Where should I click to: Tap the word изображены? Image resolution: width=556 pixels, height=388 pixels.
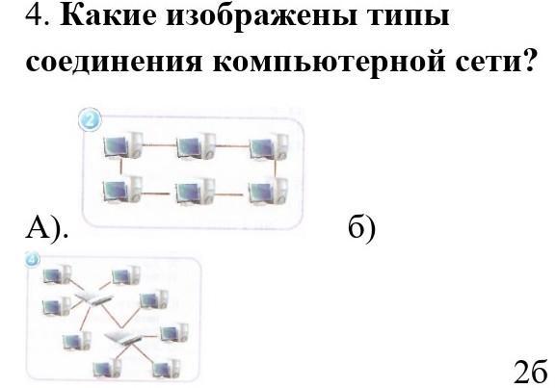click(x=262, y=16)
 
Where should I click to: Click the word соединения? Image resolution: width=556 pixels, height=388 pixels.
click(x=114, y=62)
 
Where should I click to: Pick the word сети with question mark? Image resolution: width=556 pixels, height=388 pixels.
click(x=495, y=61)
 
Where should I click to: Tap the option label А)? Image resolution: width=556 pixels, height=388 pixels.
click(x=46, y=227)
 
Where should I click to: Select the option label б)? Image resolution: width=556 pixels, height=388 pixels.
click(x=361, y=227)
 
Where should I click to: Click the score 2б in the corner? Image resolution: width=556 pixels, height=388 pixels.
click(x=530, y=372)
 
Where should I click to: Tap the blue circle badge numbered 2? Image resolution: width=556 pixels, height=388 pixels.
click(x=90, y=119)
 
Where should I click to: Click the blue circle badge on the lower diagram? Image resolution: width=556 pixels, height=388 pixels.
click(x=32, y=259)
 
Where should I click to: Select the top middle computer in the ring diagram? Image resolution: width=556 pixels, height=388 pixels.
click(x=196, y=146)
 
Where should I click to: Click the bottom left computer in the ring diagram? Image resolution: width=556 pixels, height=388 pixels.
click(x=122, y=191)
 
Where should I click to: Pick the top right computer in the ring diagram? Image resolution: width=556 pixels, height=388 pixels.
click(x=269, y=146)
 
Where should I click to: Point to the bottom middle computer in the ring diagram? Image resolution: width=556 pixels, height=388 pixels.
click(x=196, y=192)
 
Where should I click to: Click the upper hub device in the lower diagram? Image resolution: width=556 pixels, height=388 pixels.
click(x=93, y=298)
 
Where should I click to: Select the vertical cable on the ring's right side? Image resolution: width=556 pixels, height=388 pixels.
click(x=276, y=168)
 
